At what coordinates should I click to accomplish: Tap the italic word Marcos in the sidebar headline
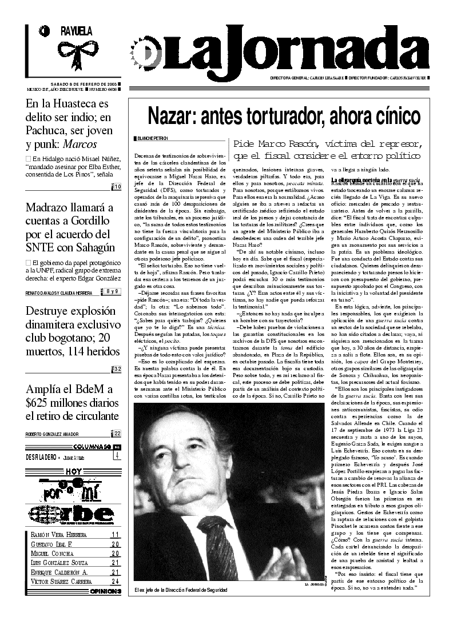coord(80,144)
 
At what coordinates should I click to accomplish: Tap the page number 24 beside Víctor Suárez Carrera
coord(116,582)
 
